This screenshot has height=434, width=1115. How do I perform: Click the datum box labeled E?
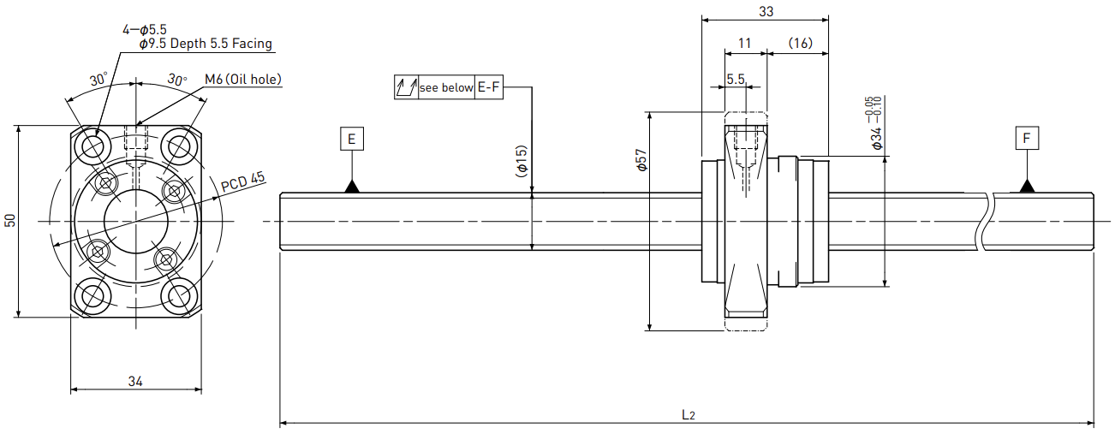click(x=352, y=139)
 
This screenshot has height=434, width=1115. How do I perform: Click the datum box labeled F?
click(x=1027, y=138)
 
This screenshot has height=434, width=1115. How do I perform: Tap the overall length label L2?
click(x=688, y=414)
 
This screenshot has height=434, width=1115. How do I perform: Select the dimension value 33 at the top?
click(x=766, y=11)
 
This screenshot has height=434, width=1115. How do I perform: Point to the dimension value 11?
click(x=745, y=44)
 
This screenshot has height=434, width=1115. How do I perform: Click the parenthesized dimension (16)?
click(x=801, y=44)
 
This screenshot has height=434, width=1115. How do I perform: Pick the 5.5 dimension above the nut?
click(x=736, y=79)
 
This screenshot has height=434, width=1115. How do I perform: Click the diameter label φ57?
click(x=641, y=160)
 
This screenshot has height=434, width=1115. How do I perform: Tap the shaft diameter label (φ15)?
click(x=522, y=161)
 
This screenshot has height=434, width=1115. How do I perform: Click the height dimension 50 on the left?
click(x=10, y=221)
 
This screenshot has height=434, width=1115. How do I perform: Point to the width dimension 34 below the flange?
click(x=135, y=382)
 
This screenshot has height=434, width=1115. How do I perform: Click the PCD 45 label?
click(x=243, y=181)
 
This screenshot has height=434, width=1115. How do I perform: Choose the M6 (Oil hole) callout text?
click(x=243, y=79)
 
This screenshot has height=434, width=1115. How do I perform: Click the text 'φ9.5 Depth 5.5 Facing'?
click(x=206, y=44)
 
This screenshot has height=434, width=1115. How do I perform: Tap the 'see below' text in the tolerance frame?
click(x=446, y=88)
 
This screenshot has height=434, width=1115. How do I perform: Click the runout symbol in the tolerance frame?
click(x=406, y=87)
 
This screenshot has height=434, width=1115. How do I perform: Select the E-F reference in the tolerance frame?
click(x=488, y=87)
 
